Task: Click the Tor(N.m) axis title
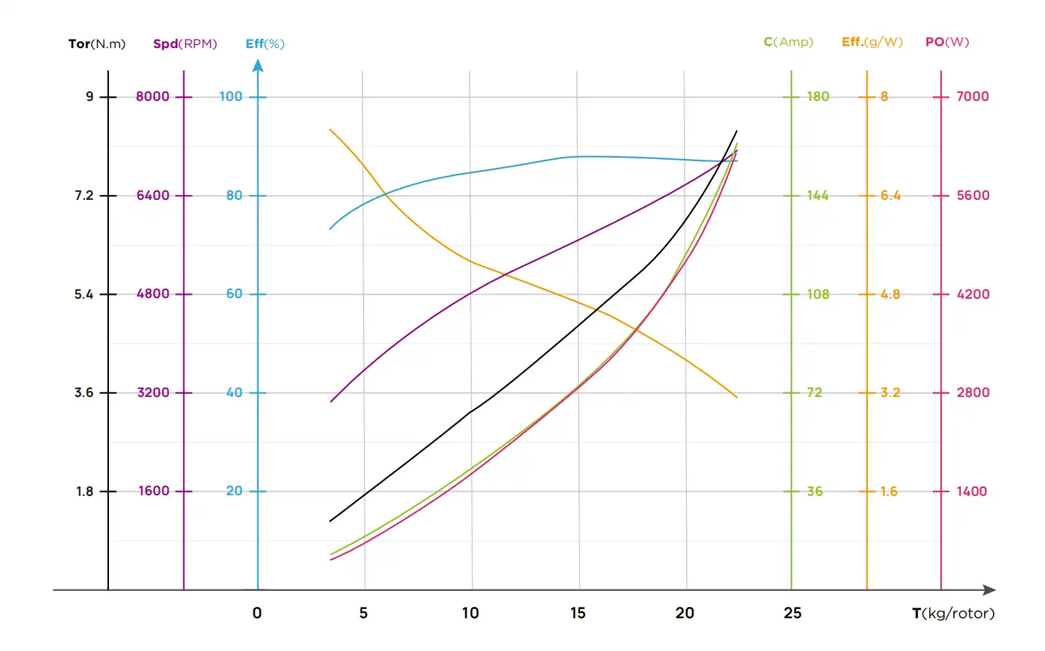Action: click(97, 44)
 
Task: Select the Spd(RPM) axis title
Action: click(185, 44)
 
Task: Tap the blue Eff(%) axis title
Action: click(265, 44)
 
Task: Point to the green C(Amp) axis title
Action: click(788, 42)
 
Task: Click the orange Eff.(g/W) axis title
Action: click(872, 42)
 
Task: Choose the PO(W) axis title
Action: click(947, 42)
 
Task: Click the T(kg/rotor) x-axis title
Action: click(953, 613)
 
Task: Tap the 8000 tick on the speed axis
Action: click(152, 96)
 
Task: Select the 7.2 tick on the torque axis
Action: click(84, 195)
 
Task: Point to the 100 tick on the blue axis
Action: click(231, 96)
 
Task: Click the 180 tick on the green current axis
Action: click(818, 96)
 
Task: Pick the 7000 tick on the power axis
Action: click(972, 96)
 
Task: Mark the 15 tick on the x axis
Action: click(578, 613)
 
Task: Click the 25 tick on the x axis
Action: click(792, 613)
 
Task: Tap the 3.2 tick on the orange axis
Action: click(890, 392)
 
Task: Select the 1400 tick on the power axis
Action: click(971, 491)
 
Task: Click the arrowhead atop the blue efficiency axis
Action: click(258, 66)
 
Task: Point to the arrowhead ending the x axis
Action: click(990, 590)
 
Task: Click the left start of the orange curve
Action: click(330, 130)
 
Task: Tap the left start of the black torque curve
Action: click(330, 521)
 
